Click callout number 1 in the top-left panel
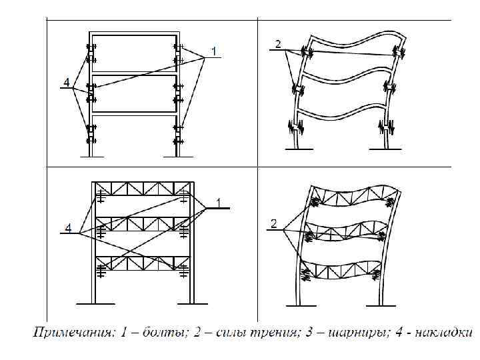(x=214, y=51)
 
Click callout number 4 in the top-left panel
(x=66, y=83)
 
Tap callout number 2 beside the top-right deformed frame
(x=278, y=45)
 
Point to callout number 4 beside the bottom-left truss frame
(x=68, y=229)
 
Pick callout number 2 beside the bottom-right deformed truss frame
(x=273, y=224)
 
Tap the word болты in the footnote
(x=150, y=333)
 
